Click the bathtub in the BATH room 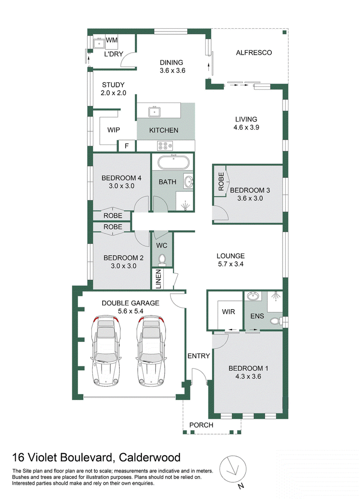coord(173,162)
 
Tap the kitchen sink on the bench coord(154,112)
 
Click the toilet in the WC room coord(162,259)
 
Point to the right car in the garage coord(152,351)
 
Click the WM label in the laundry coord(112,40)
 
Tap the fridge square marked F coord(127,146)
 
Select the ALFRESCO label coord(254,53)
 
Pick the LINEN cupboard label coord(158,279)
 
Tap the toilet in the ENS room coord(277,320)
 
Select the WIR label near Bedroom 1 coord(229,312)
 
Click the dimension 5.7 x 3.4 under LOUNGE coord(231,264)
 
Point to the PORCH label coord(201,425)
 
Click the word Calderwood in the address coord(149,457)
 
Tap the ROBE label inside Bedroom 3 coord(221,181)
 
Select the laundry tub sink coord(99,43)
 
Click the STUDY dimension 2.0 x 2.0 coord(114,93)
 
